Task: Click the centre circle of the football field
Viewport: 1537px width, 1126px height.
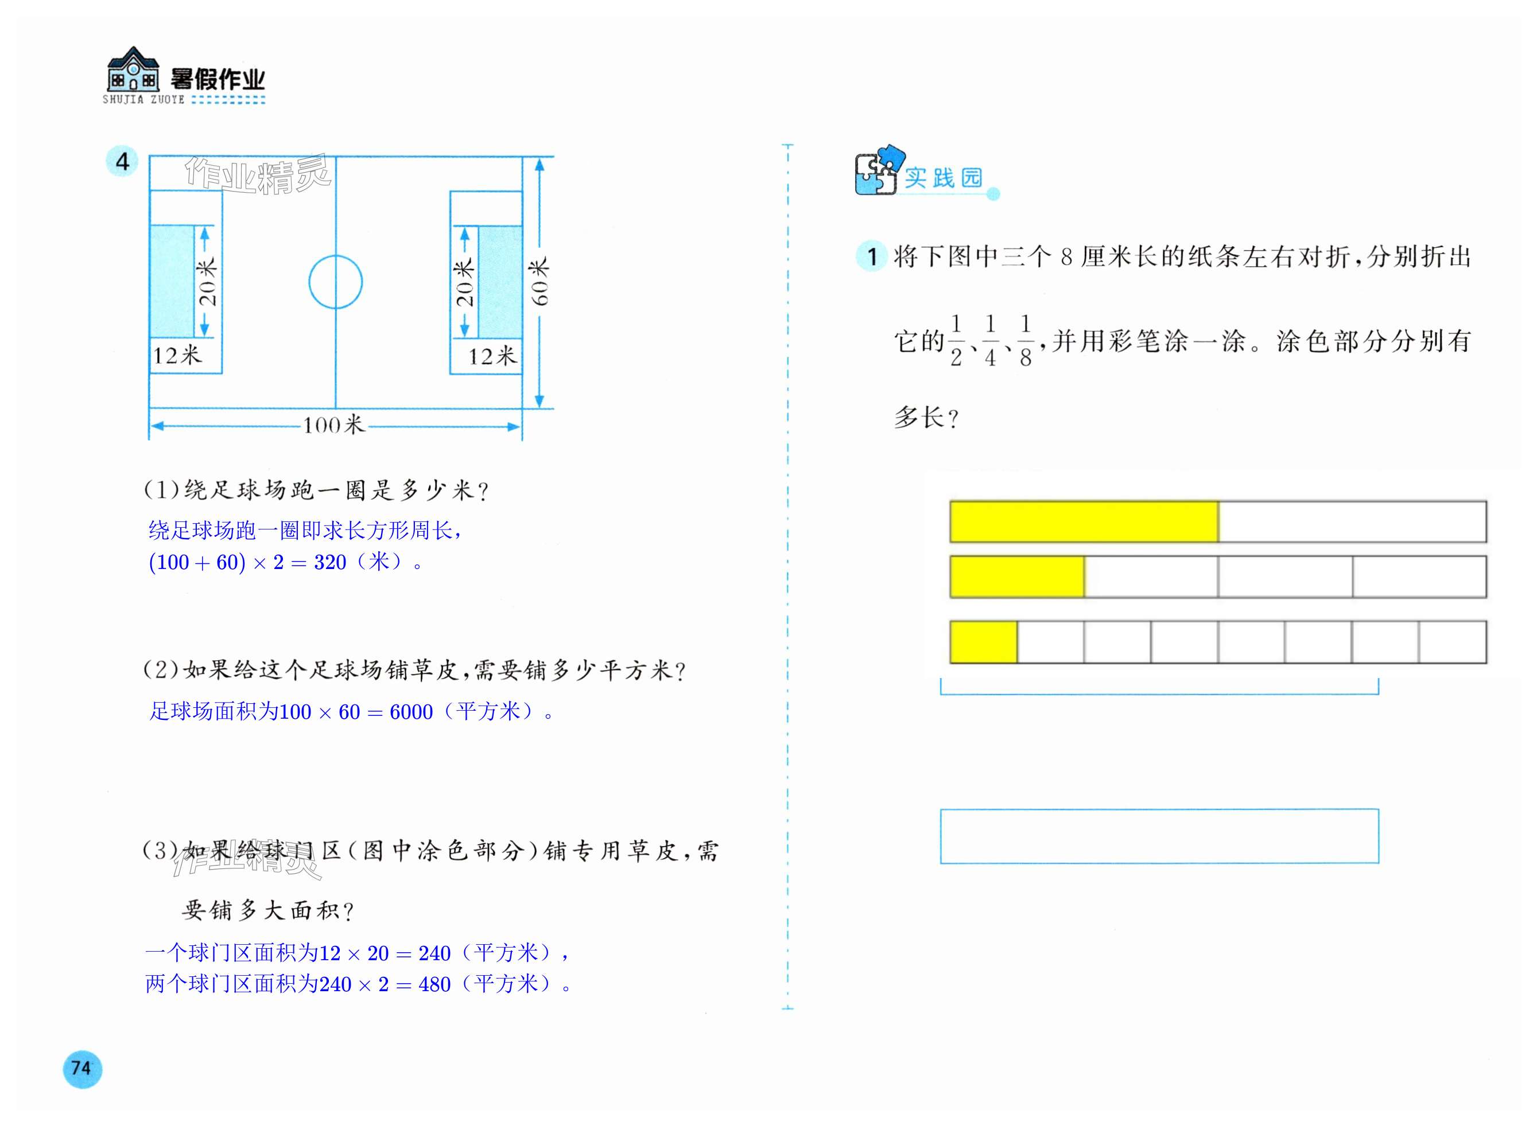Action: [336, 282]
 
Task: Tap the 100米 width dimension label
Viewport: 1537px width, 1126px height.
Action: [333, 426]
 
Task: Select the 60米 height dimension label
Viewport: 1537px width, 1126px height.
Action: [539, 282]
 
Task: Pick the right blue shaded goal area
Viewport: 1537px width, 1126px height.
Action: [500, 282]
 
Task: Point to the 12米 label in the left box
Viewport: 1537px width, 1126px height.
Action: [177, 356]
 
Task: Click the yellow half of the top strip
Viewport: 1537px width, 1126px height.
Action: [1084, 522]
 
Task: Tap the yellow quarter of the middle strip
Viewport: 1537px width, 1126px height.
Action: [1016, 576]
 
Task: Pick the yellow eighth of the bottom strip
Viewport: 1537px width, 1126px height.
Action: [983, 641]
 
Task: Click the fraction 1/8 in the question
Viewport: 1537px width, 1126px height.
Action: [1025, 341]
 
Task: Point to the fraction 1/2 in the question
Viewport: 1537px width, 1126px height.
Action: [956, 341]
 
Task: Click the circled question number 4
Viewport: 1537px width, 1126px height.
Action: [122, 162]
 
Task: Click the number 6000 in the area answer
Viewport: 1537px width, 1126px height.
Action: [411, 712]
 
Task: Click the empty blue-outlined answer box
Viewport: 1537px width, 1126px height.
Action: [1159, 836]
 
